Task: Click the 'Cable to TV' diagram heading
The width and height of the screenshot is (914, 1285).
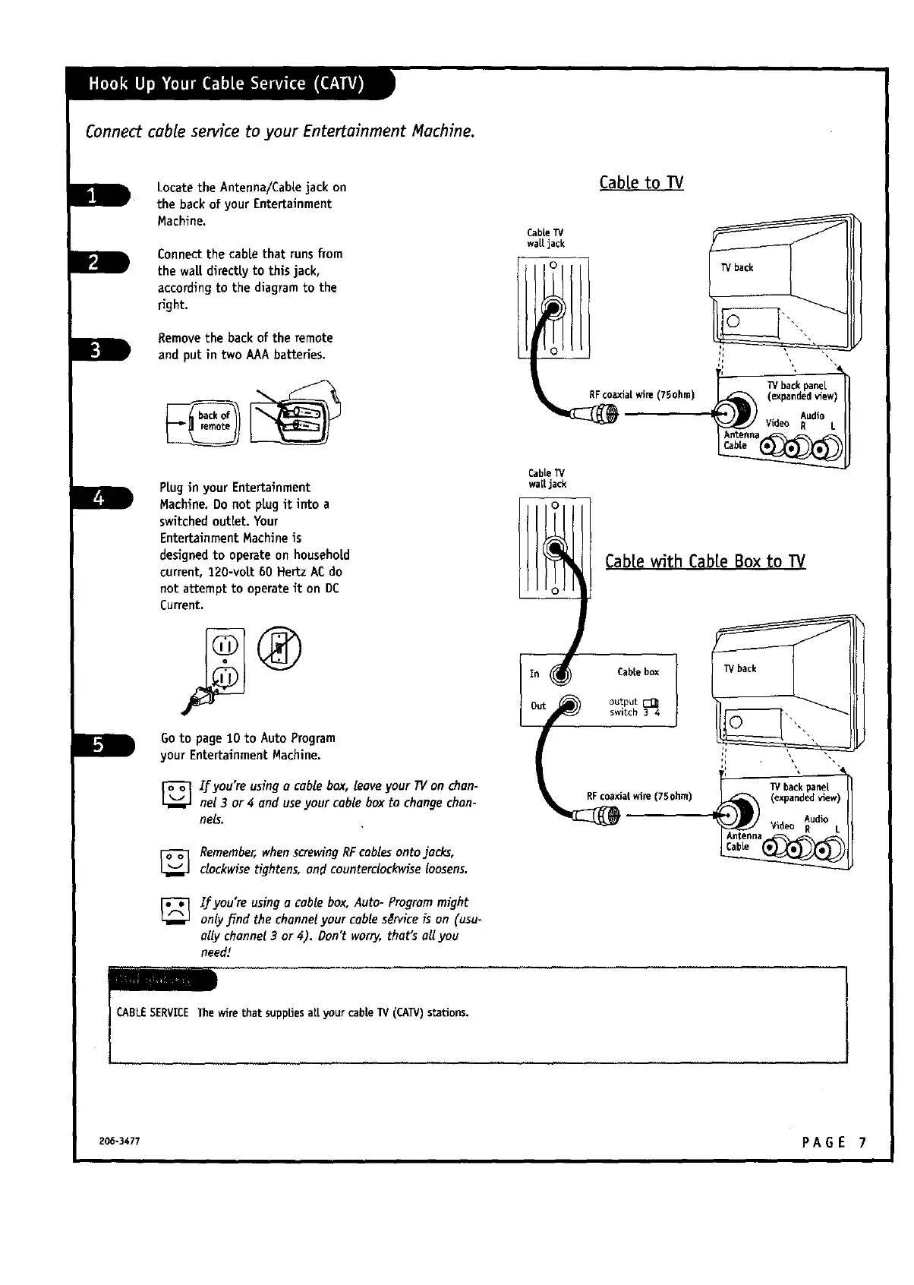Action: point(641,183)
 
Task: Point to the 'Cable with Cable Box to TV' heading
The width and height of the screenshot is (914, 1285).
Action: point(704,562)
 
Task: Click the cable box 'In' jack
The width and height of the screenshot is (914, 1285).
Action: point(561,673)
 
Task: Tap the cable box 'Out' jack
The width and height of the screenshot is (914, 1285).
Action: point(569,706)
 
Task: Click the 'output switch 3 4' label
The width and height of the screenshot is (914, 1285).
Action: point(634,707)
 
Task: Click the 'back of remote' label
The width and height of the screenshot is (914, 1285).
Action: point(214,421)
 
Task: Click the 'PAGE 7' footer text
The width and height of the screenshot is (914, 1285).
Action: point(833,1142)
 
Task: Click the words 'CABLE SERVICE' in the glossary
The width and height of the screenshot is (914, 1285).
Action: point(152,1013)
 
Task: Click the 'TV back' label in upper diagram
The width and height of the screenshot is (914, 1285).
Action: point(736,268)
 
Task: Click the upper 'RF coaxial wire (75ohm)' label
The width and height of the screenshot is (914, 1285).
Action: point(641,394)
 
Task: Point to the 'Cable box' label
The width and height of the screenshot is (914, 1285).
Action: point(638,672)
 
